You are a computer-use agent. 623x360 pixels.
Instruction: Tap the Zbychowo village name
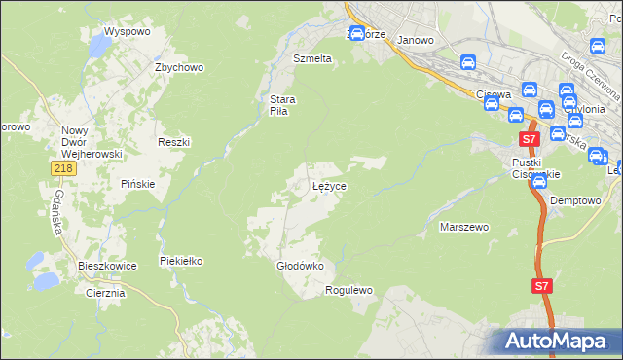click(178, 67)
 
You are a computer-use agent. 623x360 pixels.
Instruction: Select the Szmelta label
click(312, 58)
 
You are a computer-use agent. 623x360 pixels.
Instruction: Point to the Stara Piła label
click(282, 105)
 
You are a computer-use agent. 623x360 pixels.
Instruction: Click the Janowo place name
click(416, 40)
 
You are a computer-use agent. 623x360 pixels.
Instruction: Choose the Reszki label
click(173, 142)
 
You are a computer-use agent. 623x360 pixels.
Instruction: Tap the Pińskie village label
click(138, 184)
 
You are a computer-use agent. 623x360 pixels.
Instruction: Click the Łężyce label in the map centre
click(329, 185)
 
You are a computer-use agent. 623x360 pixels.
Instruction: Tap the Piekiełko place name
click(180, 262)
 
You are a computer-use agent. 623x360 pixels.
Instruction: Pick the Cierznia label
click(106, 293)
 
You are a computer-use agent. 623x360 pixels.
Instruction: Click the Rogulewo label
click(349, 290)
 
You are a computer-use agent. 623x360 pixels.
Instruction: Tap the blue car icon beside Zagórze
click(356, 34)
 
